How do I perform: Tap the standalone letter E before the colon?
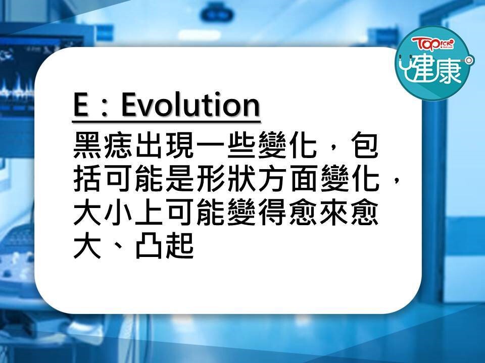[x=80, y=105]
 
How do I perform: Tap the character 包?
[x=363, y=145]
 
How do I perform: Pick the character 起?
[x=179, y=246]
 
